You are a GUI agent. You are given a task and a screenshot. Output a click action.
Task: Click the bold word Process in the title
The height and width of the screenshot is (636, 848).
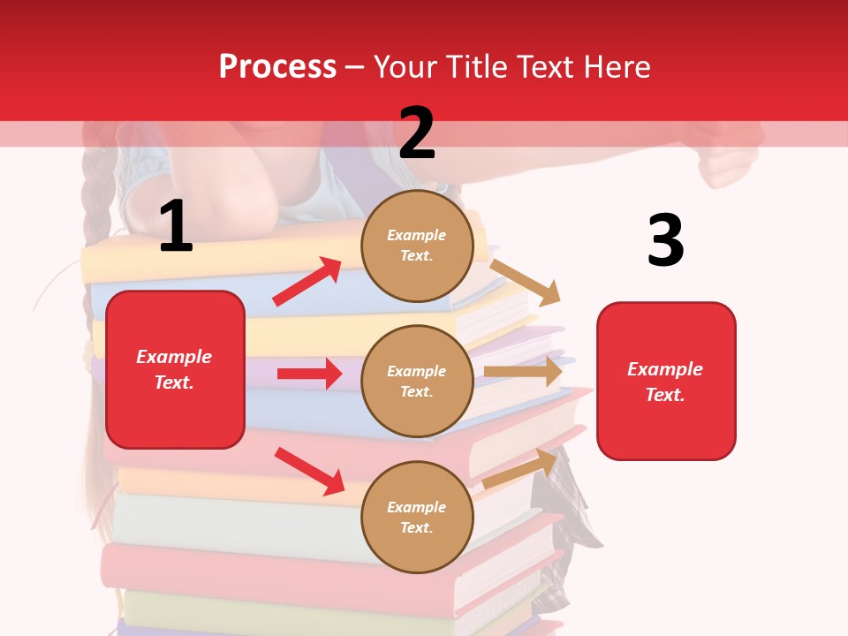277,67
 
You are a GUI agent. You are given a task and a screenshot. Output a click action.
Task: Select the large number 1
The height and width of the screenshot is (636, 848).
176,227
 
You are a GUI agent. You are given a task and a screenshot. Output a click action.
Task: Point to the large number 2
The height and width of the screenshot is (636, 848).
417,132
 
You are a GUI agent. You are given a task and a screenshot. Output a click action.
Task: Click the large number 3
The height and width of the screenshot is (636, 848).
665,240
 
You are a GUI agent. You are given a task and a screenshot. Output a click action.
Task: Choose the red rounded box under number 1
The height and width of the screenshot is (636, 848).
175,369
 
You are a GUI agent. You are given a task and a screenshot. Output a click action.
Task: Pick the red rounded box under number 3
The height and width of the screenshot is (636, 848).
666,381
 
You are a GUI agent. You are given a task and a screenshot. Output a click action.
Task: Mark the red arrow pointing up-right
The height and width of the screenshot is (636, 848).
307,281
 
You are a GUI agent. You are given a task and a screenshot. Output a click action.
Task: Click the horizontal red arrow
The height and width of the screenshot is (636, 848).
309,374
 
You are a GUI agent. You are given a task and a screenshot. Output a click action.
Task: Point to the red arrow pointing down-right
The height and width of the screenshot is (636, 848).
309,471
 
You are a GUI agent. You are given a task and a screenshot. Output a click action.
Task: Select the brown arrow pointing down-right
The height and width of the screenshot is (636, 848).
526,282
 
